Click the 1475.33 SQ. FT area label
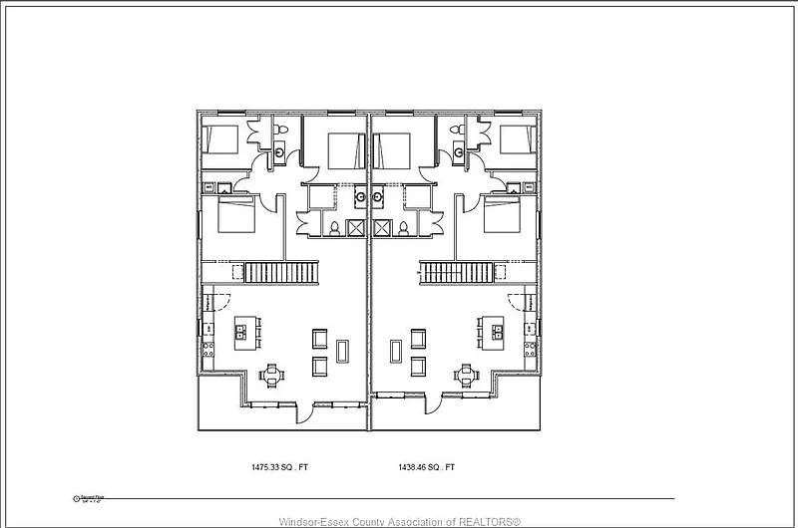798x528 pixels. (x=279, y=466)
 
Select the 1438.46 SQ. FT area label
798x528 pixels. (x=427, y=466)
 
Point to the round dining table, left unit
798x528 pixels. (x=271, y=376)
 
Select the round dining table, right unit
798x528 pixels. (x=466, y=376)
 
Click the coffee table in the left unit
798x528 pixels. (x=343, y=352)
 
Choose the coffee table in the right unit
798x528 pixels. (x=397, y=352)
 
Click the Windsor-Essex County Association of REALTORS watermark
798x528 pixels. (x=399, y=521)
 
